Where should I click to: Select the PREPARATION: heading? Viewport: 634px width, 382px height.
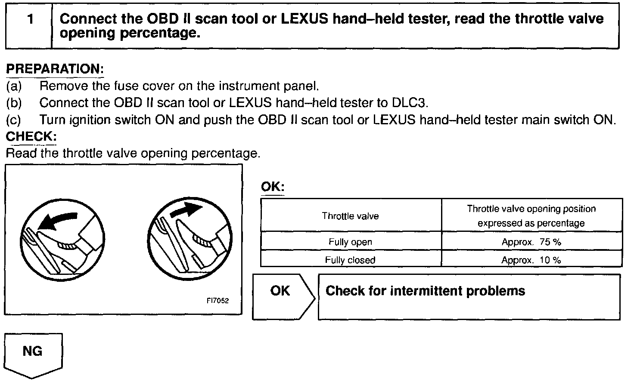tap(55, 69)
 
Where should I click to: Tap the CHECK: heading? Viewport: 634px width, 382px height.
tap(31, 136)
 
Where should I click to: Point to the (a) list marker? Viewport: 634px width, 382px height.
tap(14, 86)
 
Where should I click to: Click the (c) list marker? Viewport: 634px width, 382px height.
tap(14, 120)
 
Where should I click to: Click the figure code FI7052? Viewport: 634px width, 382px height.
tap(218, 301)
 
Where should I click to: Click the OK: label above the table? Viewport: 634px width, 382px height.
tap(273, 187)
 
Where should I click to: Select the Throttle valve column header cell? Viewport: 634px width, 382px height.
tap(351, 216)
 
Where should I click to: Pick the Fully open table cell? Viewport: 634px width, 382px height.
tap(351, 242)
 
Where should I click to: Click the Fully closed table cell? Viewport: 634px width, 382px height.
tap(351, 260)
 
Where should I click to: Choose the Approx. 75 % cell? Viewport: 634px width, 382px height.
tap(531, 242)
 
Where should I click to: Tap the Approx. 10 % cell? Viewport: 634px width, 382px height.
tap(531, 260)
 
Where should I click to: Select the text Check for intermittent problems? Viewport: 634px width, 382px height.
tap(425, 291)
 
